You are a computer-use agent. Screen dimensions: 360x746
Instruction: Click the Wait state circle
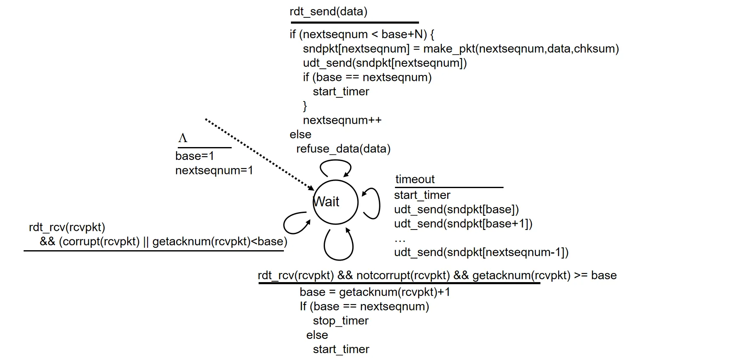coord(335,202)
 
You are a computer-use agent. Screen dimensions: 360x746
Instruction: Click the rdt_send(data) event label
coord(328,12)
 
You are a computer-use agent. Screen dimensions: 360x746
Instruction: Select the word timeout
coord(415,179)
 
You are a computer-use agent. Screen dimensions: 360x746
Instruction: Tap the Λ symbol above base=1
coord(183,138)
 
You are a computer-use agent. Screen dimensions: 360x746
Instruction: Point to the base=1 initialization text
coord(194,156)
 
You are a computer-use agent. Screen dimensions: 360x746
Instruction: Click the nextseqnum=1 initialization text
coord(214,170)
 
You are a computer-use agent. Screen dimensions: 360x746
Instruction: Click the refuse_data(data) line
coord(343,149)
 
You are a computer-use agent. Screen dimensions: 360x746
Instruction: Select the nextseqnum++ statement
coord(342,120)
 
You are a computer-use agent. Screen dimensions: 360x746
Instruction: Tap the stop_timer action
coord(341,321)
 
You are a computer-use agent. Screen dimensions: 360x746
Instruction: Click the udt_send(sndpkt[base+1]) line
coord(463,224)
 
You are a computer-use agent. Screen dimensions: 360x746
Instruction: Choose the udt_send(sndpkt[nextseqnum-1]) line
coord(481,252)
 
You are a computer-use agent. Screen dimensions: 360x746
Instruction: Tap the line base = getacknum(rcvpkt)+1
coord(375,292)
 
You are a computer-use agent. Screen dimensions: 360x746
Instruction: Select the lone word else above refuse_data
coord(300,135)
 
